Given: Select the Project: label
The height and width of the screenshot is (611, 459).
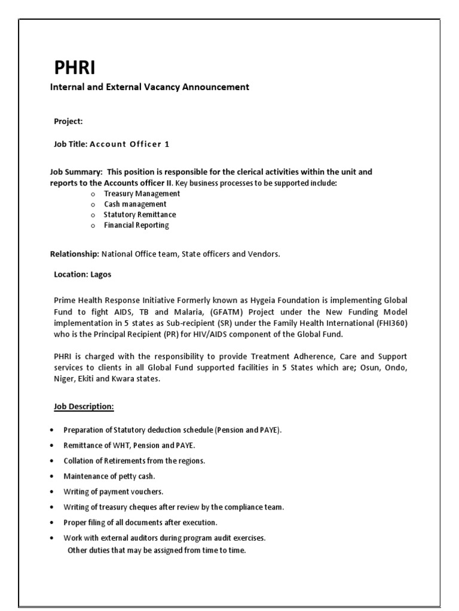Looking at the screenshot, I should tap(68, 121).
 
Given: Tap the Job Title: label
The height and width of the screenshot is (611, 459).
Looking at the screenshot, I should tap(71, 144).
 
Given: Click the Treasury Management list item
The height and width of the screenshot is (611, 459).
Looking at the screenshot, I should tap(142, 193).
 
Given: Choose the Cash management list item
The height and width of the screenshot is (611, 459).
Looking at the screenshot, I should tap(135, 204).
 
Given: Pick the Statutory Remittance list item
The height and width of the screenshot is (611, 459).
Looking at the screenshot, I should tap(140, 214).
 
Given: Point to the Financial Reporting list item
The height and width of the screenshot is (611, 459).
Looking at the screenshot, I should tap(136, 225).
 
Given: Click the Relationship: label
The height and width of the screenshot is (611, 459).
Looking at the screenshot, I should tap(74, 254).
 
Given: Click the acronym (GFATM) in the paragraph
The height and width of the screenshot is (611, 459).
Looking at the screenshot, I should tap(227, 311).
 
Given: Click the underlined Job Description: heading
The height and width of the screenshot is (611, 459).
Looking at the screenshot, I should tap(84, 406).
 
